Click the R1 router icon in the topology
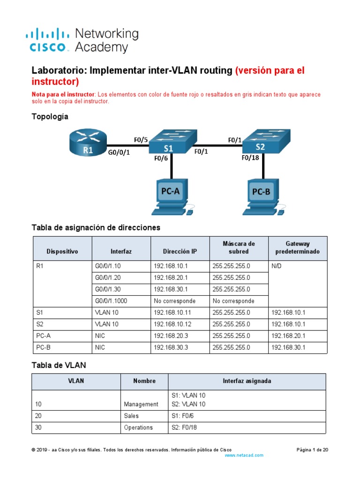[88, 142]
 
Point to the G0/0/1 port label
[119, 152]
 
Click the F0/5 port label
[141, 140]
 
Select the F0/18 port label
[250, 158]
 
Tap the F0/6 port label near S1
[161, 158]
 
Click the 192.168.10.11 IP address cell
[172, 312]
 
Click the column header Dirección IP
[180, 251]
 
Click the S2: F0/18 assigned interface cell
[188, 427]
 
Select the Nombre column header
[144, 381]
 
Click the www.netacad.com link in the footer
[244, 455]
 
